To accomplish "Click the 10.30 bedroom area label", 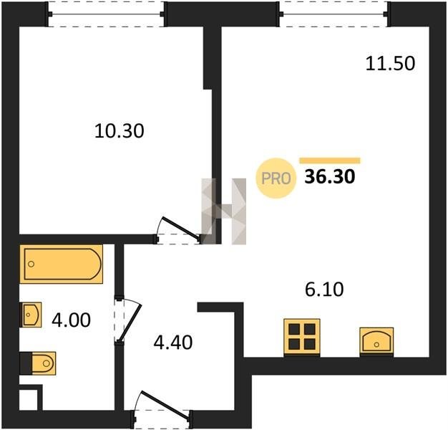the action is (119, 131).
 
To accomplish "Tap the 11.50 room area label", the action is (390, 63).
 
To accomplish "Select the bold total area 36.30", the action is (330, 176).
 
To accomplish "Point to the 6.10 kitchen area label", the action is (324, 290).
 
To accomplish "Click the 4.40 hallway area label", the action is (173, 342).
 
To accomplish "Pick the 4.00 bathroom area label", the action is (71, 320).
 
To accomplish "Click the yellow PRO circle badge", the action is (276, 178).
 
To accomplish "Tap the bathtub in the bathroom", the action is (61, 264).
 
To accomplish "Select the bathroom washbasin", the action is (31, 315).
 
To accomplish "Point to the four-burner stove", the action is (302, 337).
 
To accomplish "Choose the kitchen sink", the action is (376, 342).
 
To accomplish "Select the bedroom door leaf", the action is (181, 228).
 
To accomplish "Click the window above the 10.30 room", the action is (106, 14).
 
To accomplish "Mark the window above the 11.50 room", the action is (333, 14).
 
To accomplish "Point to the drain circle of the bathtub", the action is (31, 264).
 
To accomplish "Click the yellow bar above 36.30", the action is (330, 161).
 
